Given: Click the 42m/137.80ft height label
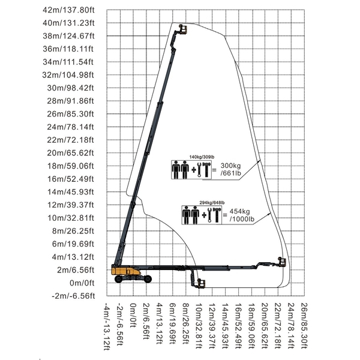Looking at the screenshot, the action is (x=68, y=10).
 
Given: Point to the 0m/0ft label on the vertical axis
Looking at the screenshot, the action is (x=82, y=283).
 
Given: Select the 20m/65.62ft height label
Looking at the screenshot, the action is (x=70, y=153).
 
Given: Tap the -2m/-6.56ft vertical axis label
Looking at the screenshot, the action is (x=73, y=296).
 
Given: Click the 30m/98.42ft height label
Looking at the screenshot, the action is (x=70, y=88).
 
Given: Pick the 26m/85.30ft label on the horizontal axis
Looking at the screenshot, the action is (x=304, y=326).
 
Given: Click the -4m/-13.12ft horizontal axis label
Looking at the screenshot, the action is (x=107, y=326).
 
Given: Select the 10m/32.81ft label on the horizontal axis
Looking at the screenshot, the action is (x=199, y=326).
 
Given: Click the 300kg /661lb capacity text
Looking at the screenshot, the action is (x=231, y=169).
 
